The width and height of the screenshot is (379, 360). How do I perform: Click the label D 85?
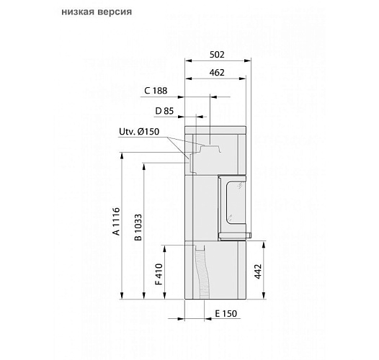coord(165,110)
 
